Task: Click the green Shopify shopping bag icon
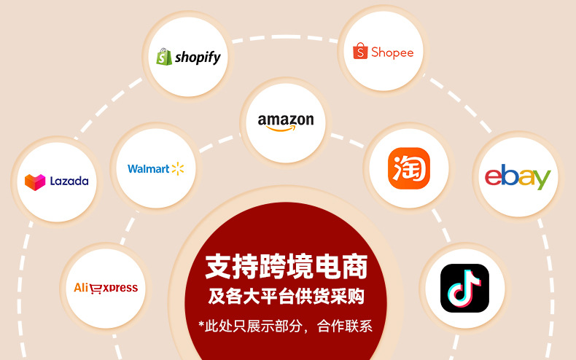[x=163, y=57]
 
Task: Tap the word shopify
[x=197, y=57]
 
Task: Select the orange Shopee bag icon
[x=360, y=52]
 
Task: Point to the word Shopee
[x=392, y=52]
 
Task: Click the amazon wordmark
[x=286, y=120]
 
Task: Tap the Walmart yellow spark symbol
[x=178, y=169]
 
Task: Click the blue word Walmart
[x=148, y=169]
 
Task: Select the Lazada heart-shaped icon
[x=35, y=181]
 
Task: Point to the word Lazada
[x=69, y=181]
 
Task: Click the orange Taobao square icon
[x=409, y=168]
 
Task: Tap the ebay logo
[x=518, y=177]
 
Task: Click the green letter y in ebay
[x=542, y=179]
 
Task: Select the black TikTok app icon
[x=464, y=288]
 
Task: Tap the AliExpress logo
[x=106, y=288]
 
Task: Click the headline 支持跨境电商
[x=286, y=267]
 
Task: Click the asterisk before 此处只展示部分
[x=202, y=324]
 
